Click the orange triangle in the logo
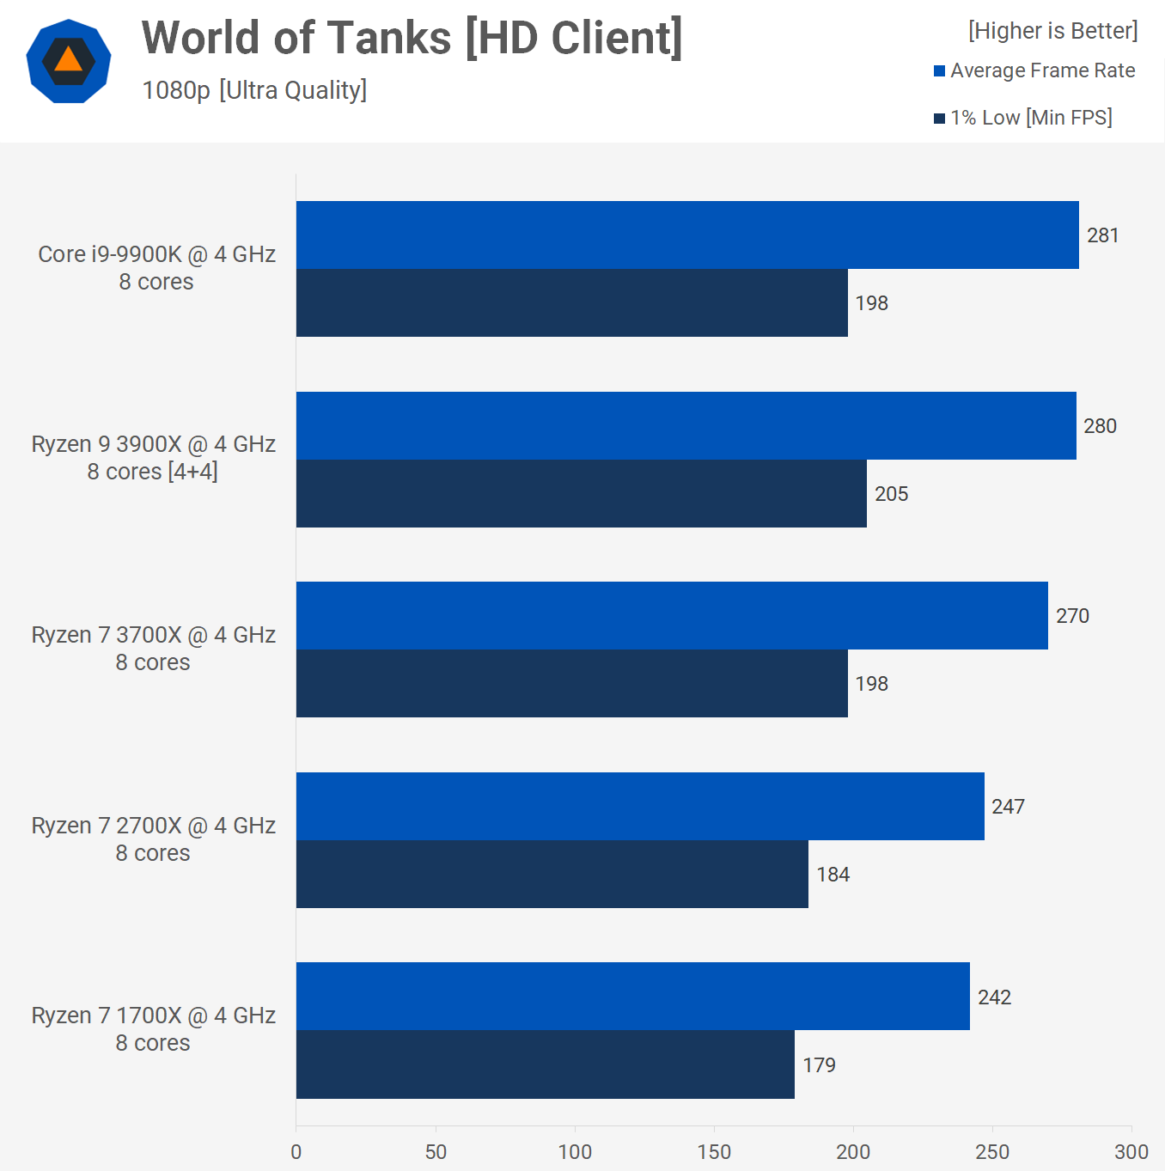68,60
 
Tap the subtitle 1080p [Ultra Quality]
254,90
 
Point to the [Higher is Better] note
1052,31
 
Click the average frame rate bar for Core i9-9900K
687,235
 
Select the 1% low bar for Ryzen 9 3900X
581,494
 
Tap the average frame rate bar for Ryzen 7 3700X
672,616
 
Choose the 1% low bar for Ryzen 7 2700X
552,875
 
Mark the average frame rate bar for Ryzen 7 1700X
632,997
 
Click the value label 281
1102,235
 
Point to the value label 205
891,494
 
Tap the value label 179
819,1065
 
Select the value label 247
1008,807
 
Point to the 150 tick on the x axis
714,1152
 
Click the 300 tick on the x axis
1131,1152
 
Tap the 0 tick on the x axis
296,1152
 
